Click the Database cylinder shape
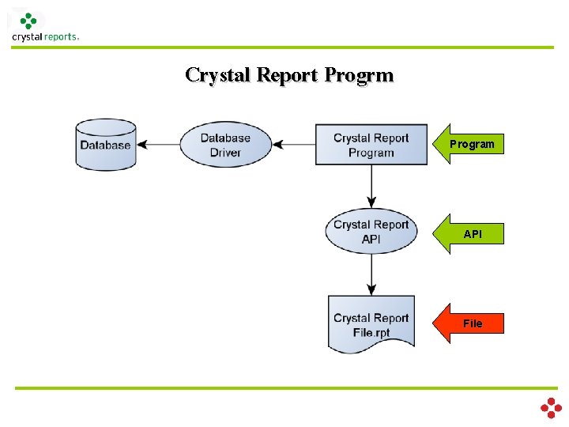pos(106,145)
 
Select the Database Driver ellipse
pos(226,145)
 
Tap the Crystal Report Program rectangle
pos(371,145)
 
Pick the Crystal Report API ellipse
pos(371,231)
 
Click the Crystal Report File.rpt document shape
pos(371,324)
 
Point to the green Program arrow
pos(468,144)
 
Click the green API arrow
pos(468,234)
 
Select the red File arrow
pos(468,323)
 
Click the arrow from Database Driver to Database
pos(159,145)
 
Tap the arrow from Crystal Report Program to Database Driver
pos(294,145)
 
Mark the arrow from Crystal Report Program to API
pos(371,187)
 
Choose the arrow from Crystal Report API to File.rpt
pos(371,274)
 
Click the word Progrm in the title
pos(359,76)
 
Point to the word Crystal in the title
pos(217,76)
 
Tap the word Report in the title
pos(287,76)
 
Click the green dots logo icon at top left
pos(28,21)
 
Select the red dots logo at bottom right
pos(551,408)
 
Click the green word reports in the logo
pos(60,37)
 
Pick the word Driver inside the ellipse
pos(225,153)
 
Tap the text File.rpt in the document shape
pos(371,333)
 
